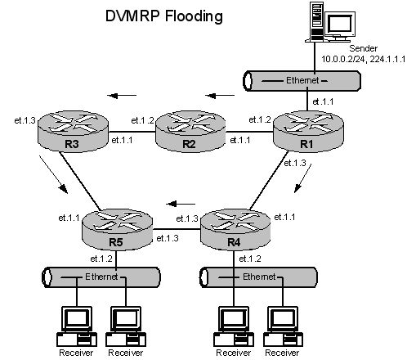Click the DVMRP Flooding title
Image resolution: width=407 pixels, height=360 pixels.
pos(163,16)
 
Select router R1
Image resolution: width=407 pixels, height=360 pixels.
pos(308,131)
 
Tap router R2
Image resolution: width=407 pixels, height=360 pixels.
pos(190,131)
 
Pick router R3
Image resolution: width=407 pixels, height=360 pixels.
pos(73,131)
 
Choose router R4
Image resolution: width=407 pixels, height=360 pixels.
pos(235,229)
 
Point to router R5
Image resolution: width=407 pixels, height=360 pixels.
pos(117,229)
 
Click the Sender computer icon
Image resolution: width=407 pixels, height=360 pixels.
pos(330,22)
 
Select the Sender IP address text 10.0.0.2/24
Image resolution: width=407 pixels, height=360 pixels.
pos(343,59)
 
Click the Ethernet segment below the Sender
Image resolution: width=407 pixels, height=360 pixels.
pos(302,81)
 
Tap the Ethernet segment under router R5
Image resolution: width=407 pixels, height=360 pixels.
pos(101,277)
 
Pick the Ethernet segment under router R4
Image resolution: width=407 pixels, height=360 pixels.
pos(258,277)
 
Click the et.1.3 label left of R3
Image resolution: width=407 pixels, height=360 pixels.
pos(25,120)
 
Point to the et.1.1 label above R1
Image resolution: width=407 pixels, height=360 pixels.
pos(323,101)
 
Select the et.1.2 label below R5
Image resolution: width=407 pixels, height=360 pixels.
pos(101,259)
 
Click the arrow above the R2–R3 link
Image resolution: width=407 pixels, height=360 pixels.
pos(122,96)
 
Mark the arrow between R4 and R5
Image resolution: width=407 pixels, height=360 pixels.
pos(181,204)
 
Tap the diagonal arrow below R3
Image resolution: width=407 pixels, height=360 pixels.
pos(53,174)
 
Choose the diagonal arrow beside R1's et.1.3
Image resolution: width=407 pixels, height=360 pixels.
pos(302,178)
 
